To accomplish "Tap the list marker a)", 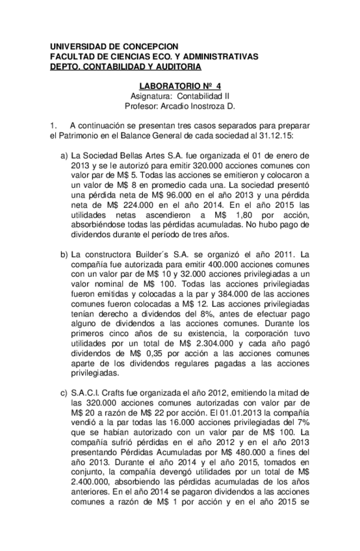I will pos(64,156).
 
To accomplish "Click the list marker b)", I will pos(64,251).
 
